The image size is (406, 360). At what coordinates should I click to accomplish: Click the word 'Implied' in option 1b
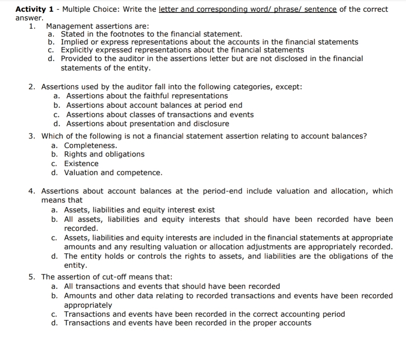point(74,42)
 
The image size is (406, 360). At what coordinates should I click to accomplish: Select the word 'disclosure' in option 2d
point(211,124)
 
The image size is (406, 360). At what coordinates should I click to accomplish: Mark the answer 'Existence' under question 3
point(81,164)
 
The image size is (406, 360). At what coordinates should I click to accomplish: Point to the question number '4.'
point(33,191)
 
